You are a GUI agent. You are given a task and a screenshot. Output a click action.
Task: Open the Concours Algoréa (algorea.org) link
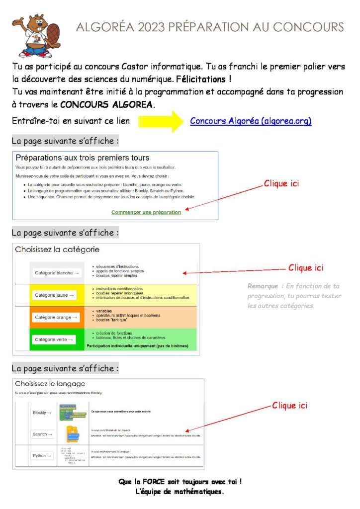tap(251, 121)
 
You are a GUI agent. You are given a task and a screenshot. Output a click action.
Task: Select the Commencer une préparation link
tap(146, 212)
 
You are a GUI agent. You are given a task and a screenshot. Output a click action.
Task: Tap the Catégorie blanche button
tap(57, 273)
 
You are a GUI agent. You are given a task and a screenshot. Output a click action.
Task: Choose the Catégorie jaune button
tap(55, 295)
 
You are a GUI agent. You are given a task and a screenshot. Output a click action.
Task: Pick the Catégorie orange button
tap(56, 317)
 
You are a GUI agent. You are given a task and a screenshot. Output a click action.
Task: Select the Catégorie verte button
tap(55, 340)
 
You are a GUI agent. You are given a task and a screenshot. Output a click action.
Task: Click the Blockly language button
tap(42, 413)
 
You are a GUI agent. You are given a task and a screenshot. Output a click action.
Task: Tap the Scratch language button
tap(42, 434)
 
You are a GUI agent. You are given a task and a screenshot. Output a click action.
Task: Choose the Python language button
tap(42, 455)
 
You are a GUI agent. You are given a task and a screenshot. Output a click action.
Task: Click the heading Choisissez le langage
tap(50, 384)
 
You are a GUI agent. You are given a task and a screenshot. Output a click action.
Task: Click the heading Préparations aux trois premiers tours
tap(83, 158)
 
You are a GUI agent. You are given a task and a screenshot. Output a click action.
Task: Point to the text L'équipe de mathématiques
tap(180, 492)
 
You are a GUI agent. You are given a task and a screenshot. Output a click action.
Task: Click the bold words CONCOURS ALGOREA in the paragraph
tap(107, 105)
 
